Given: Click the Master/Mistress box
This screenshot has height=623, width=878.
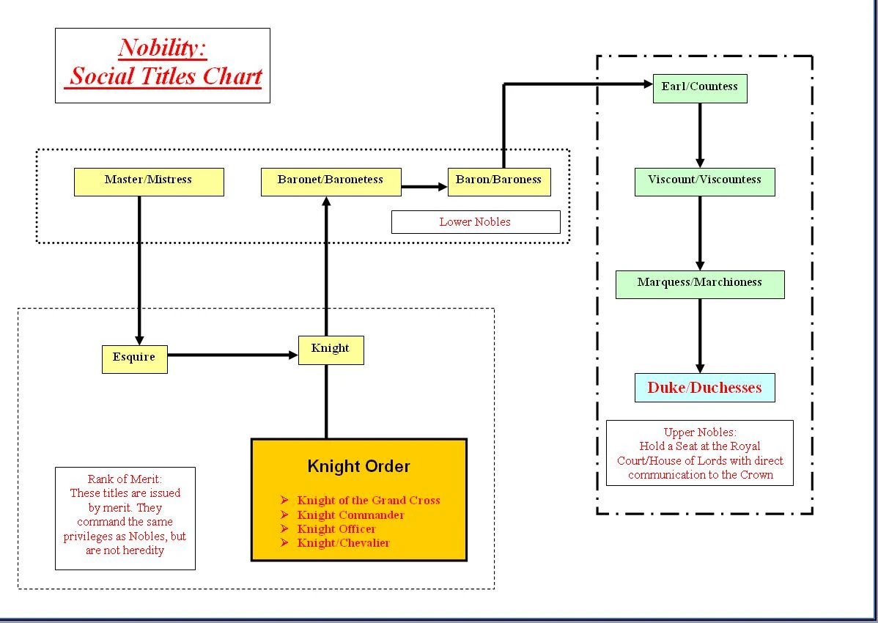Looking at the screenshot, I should coord(149,182).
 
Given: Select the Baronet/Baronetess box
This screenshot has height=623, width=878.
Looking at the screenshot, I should coord(331,182).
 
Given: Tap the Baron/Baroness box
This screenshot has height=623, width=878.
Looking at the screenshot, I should coord(498,182).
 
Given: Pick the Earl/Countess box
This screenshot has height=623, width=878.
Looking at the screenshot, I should coord(700,88).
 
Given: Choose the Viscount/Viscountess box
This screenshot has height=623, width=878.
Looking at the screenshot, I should coord(704,182).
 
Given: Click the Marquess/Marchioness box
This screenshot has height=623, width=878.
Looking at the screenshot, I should coord(700,284).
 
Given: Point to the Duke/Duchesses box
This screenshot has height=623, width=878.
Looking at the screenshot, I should coord(704,388).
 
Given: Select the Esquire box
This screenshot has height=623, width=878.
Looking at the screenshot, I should coord(134,359).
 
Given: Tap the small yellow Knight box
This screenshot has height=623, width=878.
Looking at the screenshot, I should coord(331,350).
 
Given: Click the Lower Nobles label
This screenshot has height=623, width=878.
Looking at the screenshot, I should coord(475,222).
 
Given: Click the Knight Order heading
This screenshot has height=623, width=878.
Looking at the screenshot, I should coord(358,466).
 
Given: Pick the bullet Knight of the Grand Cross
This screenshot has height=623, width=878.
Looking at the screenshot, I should coord(368,501).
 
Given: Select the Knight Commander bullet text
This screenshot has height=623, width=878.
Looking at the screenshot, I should coord(350,515).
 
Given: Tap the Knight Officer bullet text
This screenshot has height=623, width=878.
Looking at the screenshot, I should coord(336,529).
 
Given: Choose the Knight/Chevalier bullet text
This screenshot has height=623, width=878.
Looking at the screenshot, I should coord(343,543).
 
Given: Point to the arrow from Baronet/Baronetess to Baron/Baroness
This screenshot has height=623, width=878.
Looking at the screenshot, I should coord(424,187).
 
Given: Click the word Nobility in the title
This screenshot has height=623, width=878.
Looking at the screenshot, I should coord(161,48).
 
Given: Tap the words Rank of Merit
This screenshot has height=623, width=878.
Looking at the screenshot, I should coord(125,479).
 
